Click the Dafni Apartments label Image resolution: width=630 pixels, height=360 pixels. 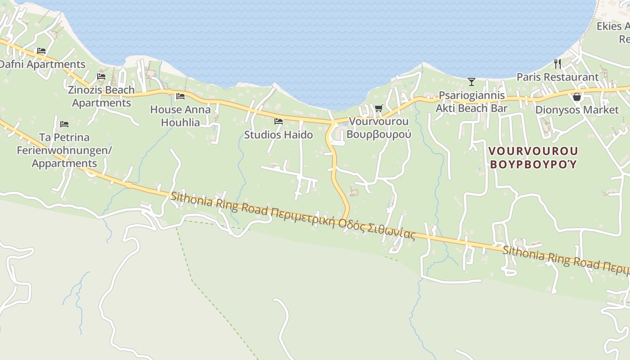tap(42, 64)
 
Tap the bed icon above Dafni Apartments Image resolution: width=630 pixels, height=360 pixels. tap(41, 51)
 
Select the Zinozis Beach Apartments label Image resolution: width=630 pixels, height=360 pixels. tap(101, 96)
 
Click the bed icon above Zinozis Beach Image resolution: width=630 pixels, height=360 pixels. tap(101, 76)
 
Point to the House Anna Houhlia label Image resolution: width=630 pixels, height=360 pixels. tap(180, 116)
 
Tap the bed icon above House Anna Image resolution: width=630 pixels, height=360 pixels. tap(180, 96)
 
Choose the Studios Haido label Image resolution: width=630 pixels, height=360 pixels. tap(278, 135)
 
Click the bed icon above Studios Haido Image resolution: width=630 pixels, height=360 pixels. tap(279, 121)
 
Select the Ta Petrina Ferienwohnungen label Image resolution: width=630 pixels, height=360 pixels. tap(64, 150)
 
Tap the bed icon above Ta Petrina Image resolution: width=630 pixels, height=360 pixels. tap(64, 124)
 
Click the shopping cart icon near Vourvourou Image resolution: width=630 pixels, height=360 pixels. tap(378, 108)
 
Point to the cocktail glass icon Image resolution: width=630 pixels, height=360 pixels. tap(472, 81)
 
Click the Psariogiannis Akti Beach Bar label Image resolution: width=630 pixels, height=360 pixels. tap(472, 102)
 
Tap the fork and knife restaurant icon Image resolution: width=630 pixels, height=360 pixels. tap(558, 63)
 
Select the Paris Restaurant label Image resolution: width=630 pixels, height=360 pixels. tap(558, 77)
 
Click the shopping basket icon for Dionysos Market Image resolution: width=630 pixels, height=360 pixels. tap(577, 97)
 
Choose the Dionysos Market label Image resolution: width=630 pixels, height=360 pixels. tap(577, 110)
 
